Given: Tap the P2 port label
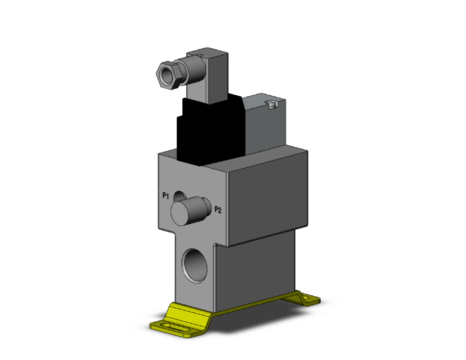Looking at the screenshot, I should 219,210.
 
